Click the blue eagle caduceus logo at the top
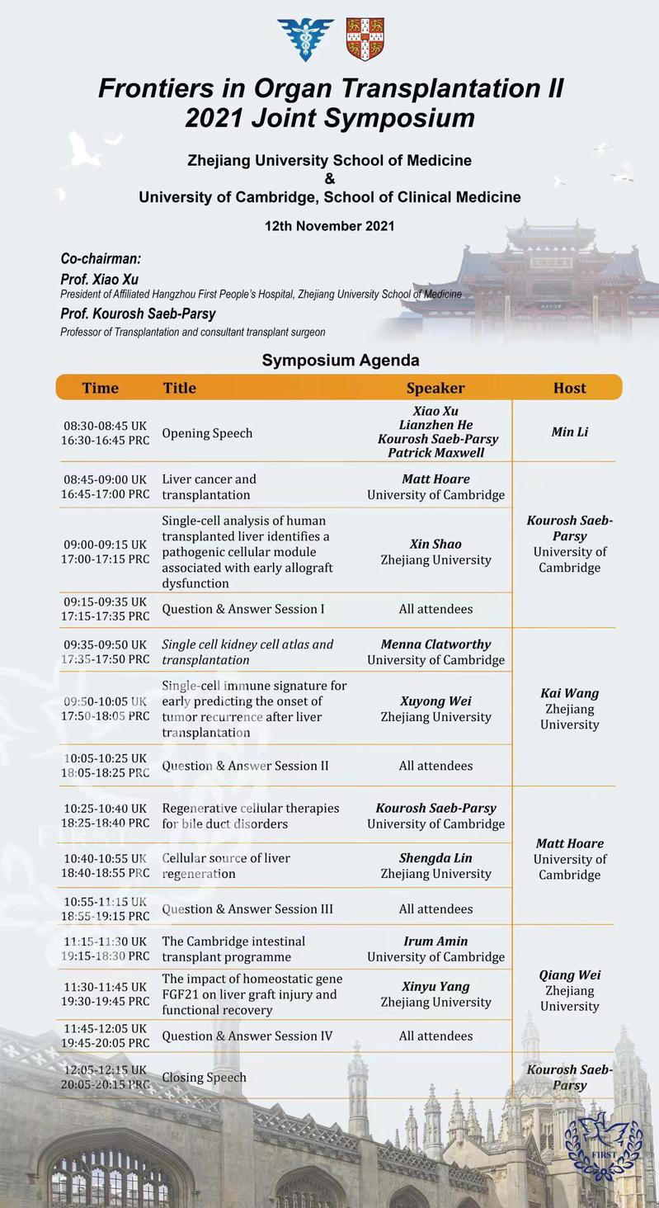pyautogui.click(x=306, y=39)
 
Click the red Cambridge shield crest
pyautogui.click(x=365, y=39)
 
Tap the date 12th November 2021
pyautogui.click(x=329, y=226)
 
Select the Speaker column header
pyautogui.click(x=435, y=388)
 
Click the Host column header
pyautogui.click(x=569, y=388)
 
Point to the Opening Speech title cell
pyautogui.click(x=207, y=433)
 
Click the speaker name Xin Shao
pyautogui.click(x=435, y=544)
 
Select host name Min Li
pyautogui.click(x=569, y=432)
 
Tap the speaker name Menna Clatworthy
pyautogui.click(x=435, y=644)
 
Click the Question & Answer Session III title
pyautogui.click(x=247, y=909)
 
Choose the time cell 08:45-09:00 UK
pyautogui.click(x=105, y=479)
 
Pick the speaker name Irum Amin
pyautogui.click(x=435, y=941)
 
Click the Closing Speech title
pyautogui.click(x=204, y=1078)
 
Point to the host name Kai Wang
pyautogui.click(x=569, y=693)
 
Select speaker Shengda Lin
pyautogui.click(x=435, y=858)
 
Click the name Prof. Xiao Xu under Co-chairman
pyautogui.click(x=99, y=280)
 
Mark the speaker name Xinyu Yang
pyautogui.click(x=435, y=987)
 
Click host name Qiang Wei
pyautogui.click(x=569, y=975)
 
